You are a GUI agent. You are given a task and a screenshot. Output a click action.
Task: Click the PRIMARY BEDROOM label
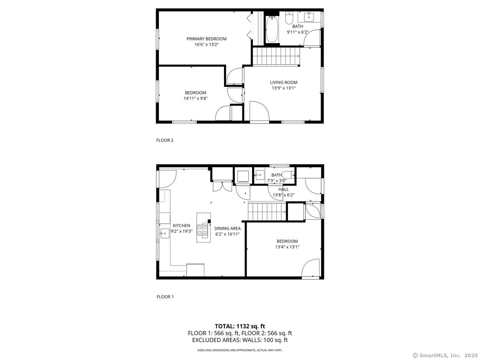[206, 39]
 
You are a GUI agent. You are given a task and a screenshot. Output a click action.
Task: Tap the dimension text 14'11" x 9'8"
[196, 98]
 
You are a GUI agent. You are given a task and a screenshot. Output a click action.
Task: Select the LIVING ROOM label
[283, 82]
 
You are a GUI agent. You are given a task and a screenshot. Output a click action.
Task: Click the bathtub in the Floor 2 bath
[272, 29]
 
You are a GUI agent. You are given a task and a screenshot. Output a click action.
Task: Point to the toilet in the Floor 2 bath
[289, 18]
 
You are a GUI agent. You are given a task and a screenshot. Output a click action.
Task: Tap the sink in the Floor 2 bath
[309, 17]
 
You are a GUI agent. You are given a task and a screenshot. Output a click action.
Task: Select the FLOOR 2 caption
[164, 140]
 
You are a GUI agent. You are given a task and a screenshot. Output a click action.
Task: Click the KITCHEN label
[181, 226]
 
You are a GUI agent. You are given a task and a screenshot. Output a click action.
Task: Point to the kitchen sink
[164, 232]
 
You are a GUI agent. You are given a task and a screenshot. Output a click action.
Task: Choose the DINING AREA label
[227, 228]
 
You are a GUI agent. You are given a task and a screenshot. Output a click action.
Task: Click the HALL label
[284, 189]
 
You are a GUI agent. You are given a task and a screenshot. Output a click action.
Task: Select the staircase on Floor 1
[267, 211]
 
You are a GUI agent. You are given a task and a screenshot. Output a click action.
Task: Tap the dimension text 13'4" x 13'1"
[287, 247]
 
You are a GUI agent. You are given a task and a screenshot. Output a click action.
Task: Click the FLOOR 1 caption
[164, 297]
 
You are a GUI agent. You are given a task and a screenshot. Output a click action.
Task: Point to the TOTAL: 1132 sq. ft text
[240, 326]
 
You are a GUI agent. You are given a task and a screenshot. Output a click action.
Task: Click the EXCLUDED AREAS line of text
[240, 340]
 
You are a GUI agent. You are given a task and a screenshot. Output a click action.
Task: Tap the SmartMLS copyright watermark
[445, 355]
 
